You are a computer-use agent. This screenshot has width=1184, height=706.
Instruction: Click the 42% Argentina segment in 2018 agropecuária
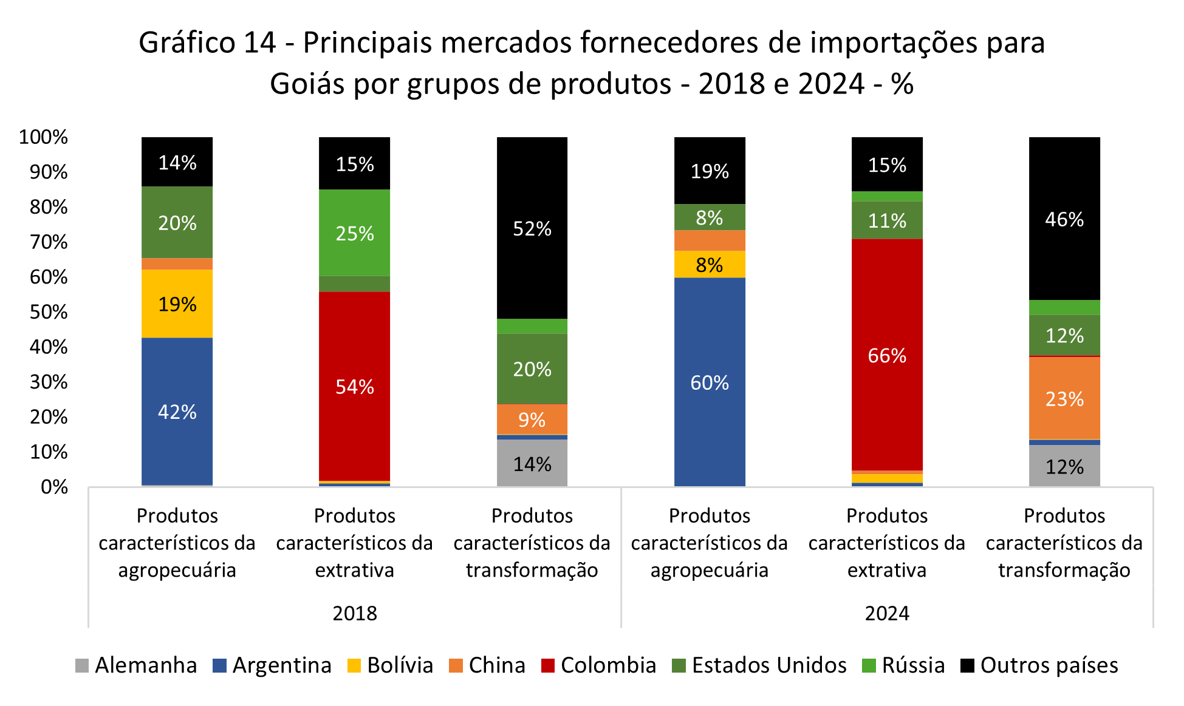177,412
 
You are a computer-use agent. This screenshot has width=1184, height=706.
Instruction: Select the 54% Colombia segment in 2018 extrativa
354,386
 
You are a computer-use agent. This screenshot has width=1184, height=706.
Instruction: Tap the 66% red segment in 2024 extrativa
887,355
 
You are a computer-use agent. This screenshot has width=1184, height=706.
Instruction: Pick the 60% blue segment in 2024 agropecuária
710,382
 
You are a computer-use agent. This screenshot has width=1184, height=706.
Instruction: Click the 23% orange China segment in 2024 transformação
1064,398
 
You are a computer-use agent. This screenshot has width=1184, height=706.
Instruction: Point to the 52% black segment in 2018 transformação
532,228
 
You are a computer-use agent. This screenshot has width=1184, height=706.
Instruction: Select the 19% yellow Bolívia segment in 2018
177,304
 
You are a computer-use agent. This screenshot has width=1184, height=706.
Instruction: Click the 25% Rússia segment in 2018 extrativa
354,233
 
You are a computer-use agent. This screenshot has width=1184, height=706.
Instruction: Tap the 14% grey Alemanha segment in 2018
532,464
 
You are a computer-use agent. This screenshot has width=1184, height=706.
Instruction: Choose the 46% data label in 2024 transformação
1064,219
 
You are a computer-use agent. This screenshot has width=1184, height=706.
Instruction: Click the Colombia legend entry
598,665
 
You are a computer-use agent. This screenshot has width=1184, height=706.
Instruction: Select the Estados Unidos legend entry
759,665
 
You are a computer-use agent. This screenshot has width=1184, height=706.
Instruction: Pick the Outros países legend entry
1039,665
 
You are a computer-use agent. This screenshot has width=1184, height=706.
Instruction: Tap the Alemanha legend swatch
82,666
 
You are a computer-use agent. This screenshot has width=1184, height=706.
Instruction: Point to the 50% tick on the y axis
49,312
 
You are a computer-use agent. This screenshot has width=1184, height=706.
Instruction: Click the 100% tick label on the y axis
43,137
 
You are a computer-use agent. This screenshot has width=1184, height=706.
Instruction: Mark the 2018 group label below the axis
355,613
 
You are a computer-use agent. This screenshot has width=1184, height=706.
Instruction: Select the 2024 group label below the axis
887,613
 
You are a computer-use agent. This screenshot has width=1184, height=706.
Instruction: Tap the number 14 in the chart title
259,43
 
